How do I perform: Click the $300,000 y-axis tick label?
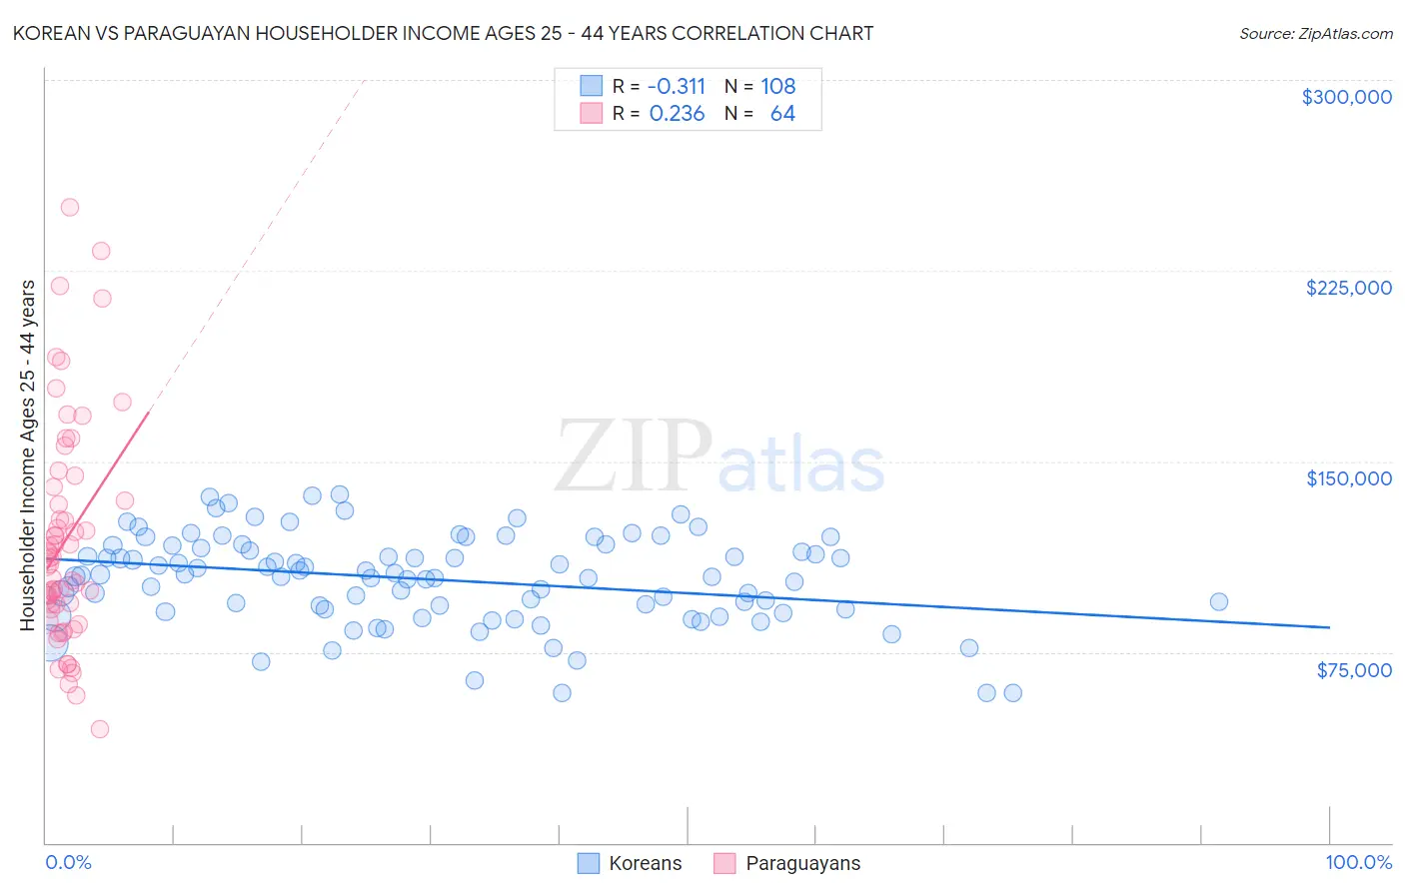point(1346,97)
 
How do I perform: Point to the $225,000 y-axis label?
point(1348,288)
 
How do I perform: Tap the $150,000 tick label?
point(1348,478)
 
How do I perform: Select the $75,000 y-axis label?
point(1354,670)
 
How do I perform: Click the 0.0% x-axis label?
point(68,862)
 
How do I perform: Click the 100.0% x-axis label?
point(1358,862)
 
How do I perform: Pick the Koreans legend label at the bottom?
point(645,863)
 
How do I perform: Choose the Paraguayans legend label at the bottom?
point(802,863)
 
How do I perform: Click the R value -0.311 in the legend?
point(677,86)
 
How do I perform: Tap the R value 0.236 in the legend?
point(677,114)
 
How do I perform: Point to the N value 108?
point(777,86)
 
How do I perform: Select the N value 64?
point(782,114)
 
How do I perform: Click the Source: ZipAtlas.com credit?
point(1315,34)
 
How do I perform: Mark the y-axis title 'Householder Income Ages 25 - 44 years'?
point(28,455)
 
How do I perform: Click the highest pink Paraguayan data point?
point(70,208)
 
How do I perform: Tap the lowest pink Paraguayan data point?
point(100,729)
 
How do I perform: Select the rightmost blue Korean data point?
point(1218,601)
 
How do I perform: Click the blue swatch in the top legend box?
point(591,86)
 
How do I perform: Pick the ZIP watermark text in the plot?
point(633,457)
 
